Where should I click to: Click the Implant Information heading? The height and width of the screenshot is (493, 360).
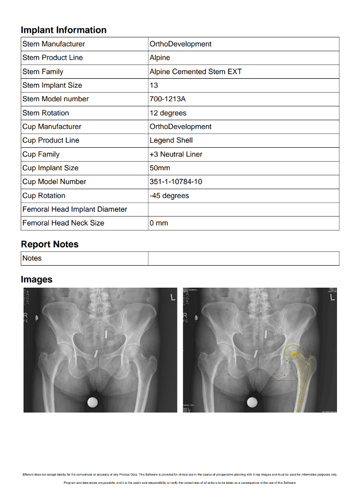coord(63,30)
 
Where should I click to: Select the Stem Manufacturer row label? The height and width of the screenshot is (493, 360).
coord(53,44)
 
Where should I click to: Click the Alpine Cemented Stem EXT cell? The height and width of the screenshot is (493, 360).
coord(196,72)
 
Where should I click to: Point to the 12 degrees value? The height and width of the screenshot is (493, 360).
coord(168,113)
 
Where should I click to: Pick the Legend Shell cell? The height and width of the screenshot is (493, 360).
coord(171,140)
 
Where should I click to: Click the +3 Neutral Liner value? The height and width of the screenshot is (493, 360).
coord(176,154)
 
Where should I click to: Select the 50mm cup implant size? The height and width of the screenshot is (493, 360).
coord(160,168)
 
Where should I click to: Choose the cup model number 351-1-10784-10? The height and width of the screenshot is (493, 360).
coord(175,182)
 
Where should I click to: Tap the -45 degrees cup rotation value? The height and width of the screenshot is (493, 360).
coord(169,196)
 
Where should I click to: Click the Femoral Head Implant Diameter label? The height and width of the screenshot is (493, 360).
coord(75,209)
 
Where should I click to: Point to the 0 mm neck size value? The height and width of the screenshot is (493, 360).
coord(159,223)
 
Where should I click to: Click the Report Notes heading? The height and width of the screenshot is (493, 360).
coord(49,244)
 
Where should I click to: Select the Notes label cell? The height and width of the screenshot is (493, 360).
coord(32,258)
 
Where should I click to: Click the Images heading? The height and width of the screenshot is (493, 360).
coord(36,280)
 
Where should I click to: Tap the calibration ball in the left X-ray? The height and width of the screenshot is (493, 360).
coord(93,403)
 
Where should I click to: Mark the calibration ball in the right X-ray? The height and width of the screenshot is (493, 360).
coord(252,403)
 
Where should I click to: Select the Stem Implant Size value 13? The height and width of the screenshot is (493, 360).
coord(154,85)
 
